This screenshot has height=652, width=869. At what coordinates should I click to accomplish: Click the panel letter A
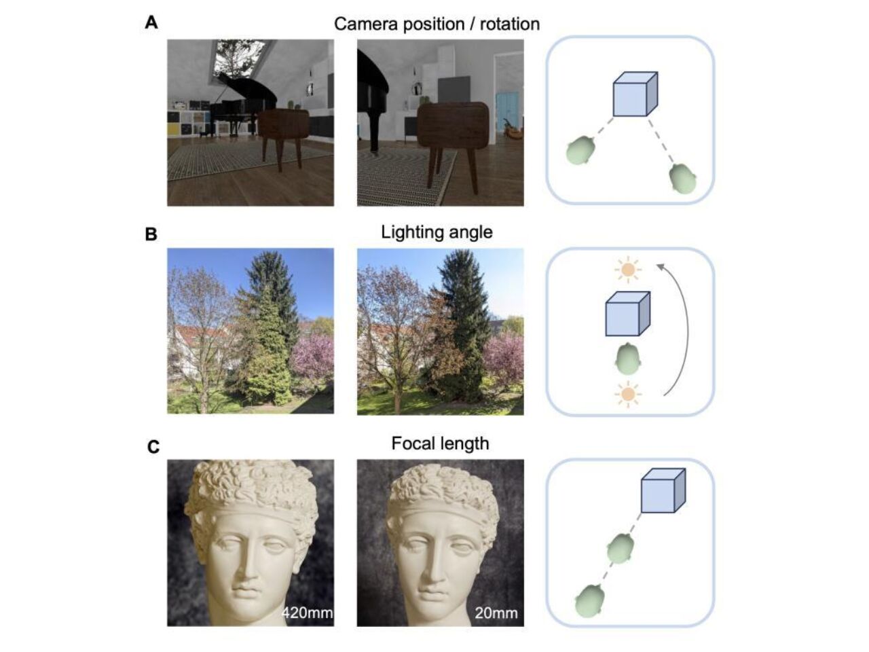pos(151,22)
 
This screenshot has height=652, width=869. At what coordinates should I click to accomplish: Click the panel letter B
pos(151,234)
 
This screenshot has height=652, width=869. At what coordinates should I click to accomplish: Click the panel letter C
pos(153,447)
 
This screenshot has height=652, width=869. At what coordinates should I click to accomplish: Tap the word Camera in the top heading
pos(365,24)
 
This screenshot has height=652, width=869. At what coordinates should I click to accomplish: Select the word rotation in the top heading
pos(510,24)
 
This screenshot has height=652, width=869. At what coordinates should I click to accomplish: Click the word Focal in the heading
pos(411,443)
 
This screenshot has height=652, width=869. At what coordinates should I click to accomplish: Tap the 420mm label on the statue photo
pos(308,613)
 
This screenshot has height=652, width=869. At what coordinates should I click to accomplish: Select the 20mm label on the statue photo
pos(496,613)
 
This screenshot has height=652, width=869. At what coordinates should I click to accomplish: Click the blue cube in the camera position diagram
pos(635,94)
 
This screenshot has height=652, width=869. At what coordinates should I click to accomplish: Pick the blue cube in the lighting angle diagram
pos(627,314)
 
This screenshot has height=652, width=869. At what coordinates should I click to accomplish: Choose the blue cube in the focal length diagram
pos(663,490)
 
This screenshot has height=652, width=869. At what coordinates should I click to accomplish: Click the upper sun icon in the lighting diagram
pos(628,270)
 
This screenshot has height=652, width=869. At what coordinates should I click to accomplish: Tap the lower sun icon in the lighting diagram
pos(628,395)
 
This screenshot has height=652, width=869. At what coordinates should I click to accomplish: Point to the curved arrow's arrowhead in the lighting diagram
pos(660,267)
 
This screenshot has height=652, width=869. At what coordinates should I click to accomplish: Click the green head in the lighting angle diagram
pos(628,359)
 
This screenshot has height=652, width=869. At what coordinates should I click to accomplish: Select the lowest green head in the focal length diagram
pos(589,601)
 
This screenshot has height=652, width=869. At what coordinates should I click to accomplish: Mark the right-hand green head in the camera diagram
pos(682,179)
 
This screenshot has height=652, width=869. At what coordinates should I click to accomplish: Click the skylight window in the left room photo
pos(239,59)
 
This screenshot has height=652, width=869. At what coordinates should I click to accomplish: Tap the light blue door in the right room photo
pos(507,113)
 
